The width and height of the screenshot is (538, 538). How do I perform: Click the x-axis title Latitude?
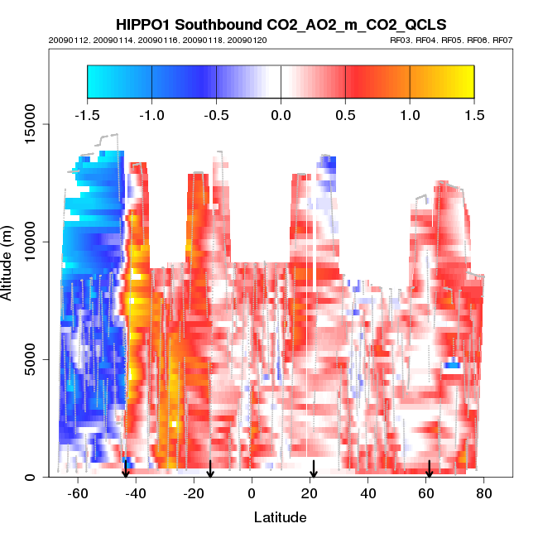pyautogui.click(x=280, y=517)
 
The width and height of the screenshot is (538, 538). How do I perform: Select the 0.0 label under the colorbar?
pyautogui.click(x=281, y=113)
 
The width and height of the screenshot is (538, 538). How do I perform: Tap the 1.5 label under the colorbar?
pyautogui.click(x=473, y=113)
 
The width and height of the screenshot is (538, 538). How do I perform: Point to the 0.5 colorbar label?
pyautogui.click(x=345, y=113)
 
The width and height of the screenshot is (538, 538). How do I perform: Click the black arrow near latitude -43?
pyautogui.click(x=126, y=469)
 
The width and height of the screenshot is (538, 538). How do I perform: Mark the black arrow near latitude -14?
pyautogui.click(x=210, y=469)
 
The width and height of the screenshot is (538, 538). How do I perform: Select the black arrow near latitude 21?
pyautogui.click(x=314, y=469)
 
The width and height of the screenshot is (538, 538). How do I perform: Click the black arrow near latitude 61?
pyautogui.click(x=430, y=469)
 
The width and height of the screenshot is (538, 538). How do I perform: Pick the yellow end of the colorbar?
pyautogui.click(x=464, y=81)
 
